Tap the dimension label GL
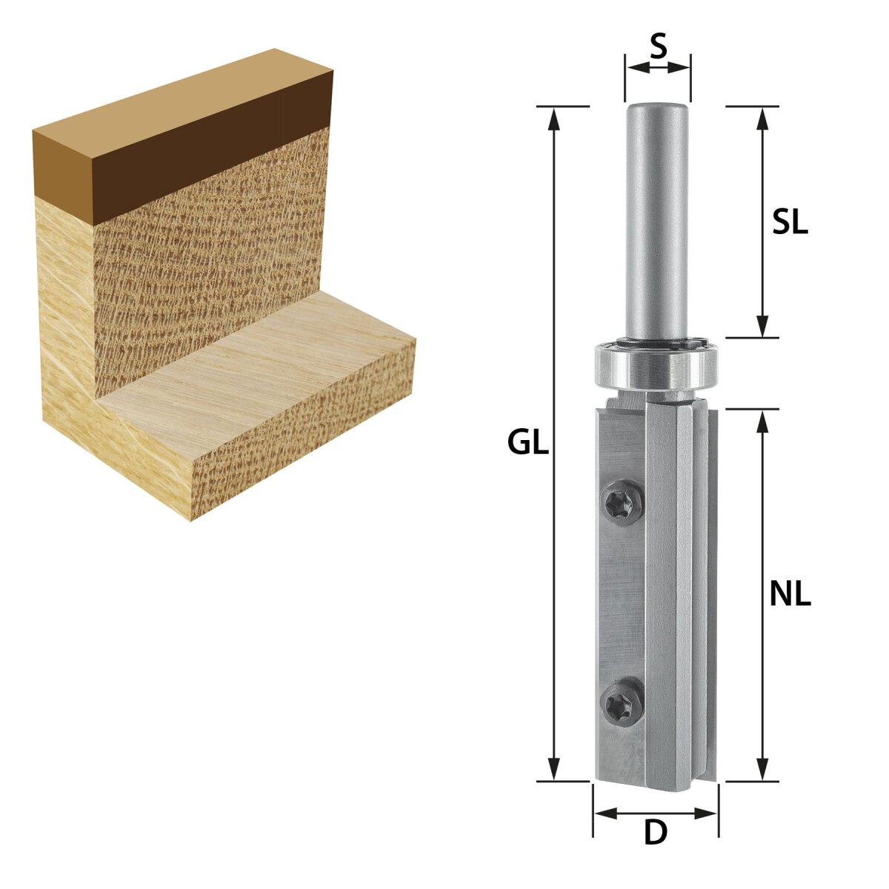point(527,443)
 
